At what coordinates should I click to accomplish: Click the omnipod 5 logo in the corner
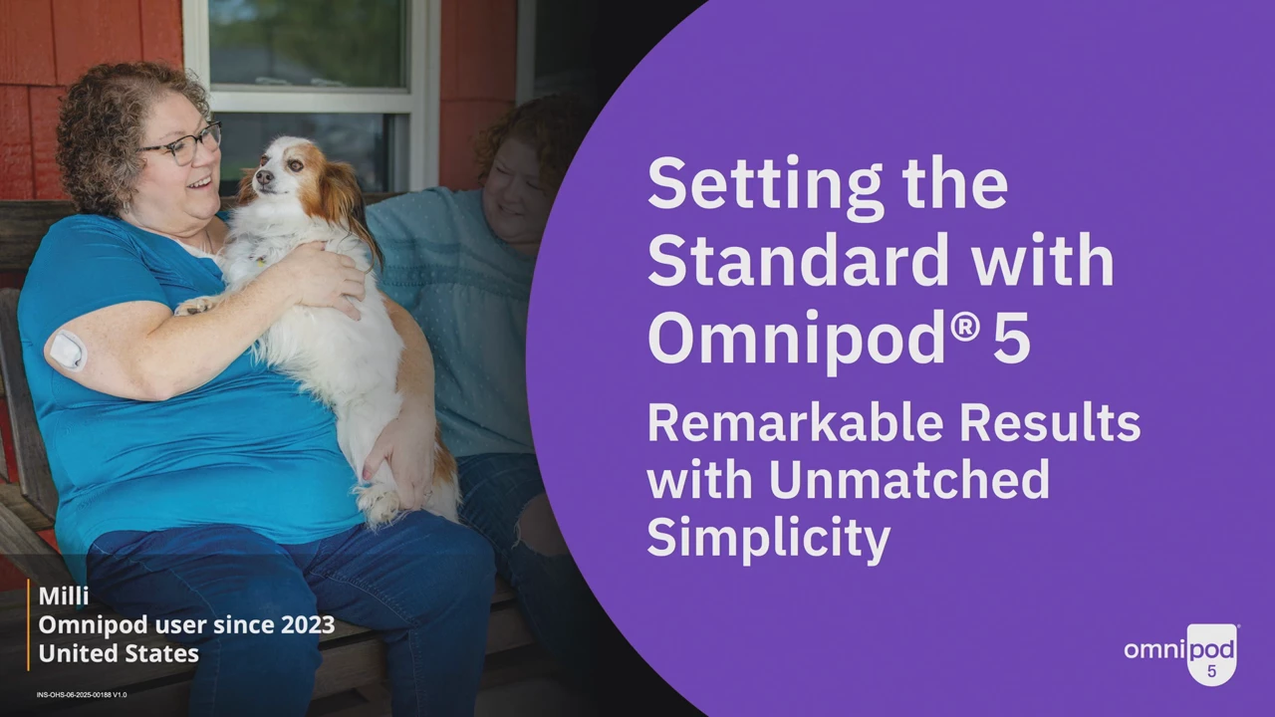click(x=1181, y=653)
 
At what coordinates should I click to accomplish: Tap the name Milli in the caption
click(x=64, y=597)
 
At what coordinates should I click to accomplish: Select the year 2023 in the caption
click(x=308, y=624)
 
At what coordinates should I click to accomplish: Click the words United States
click(x=119, y=653)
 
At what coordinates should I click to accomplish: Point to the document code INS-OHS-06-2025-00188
click(x=74, y=695)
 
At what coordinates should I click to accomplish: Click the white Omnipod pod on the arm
click(x=67, y=350)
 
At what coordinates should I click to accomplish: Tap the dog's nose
click(x=264, y=177)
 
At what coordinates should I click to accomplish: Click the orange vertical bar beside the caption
click(x=28, y=624)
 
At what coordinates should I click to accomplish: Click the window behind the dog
click(x=310, y=91)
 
